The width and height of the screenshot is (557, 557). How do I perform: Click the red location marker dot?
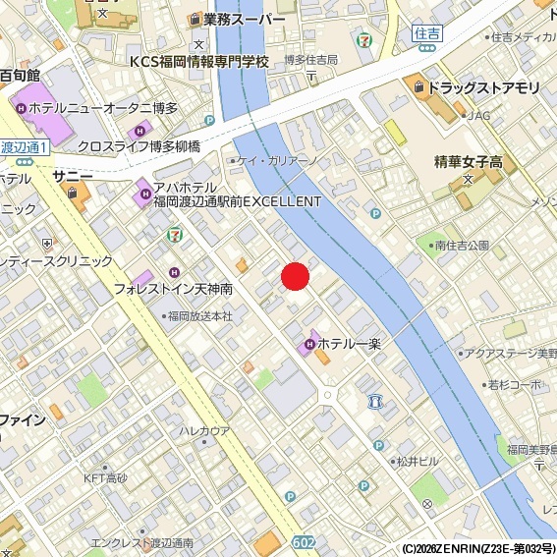click(297, 277)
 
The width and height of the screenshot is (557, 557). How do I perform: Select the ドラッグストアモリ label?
click(484, 87)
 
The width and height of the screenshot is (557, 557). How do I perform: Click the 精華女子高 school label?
click(469, 162)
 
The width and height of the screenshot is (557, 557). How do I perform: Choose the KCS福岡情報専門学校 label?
click(199, 61)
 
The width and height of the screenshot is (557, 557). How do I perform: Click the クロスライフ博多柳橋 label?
click(139, 146)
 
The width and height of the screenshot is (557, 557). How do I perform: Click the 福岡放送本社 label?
click(199, 316)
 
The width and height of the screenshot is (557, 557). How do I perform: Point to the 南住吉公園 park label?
click(461, 245)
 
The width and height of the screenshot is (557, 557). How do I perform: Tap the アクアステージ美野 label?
click(511, 353)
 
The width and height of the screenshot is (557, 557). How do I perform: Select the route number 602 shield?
click(305, 543)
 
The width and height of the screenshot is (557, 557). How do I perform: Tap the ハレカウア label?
click(204, 431)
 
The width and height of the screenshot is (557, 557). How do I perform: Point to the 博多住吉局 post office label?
click(310, 60)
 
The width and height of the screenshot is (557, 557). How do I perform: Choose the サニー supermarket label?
click(74, 175)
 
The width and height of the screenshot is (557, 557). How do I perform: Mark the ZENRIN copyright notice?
click(478, 549)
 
